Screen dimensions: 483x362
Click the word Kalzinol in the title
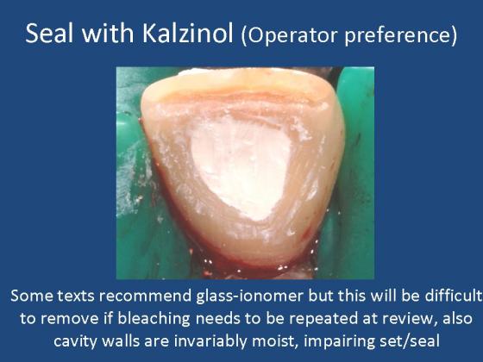187,34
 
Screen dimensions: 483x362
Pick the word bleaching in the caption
154,319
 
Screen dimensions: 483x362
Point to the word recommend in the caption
146,296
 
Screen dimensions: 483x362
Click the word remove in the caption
71,319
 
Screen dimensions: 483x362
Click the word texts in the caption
77,296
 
